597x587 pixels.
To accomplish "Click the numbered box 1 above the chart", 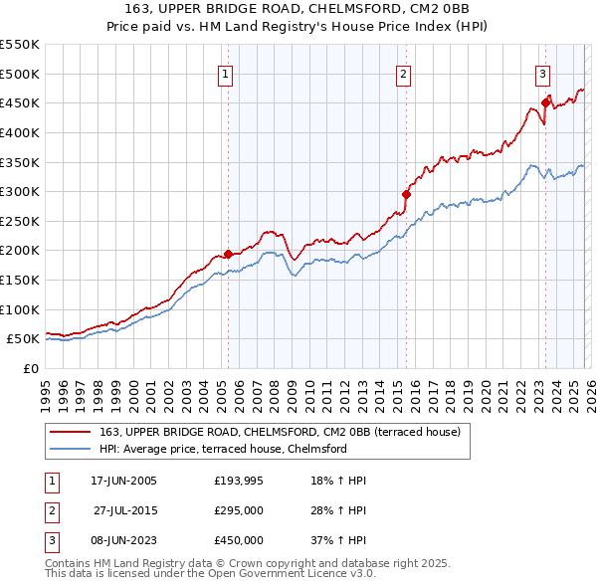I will (226, 74).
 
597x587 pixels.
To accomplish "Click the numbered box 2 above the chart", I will (403, 74).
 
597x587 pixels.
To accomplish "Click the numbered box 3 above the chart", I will (542, 74).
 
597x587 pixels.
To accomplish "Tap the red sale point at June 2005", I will (228, 254).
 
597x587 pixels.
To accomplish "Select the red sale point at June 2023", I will (545, 101).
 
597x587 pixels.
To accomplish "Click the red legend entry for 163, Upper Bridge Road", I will (279, 433).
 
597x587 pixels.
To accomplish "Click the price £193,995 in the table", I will (239, 481).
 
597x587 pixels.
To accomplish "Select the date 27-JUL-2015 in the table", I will (126, 510).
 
